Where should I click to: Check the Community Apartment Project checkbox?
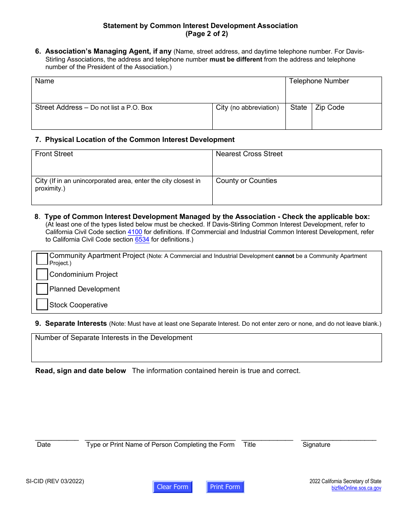click(x=42, y=259)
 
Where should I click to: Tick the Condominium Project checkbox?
click(x=42, y=274)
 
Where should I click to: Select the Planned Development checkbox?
click(x=42, y=289)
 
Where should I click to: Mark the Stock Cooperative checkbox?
click(x=42, y=304)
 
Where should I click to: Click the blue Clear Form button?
click(x=173, y=487)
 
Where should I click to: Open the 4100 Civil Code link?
click(x=135, y=232)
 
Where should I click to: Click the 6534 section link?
click(x=142, y=239)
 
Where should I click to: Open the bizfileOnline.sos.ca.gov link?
click(x=356, y=488)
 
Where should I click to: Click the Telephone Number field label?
click(x=319, y=81)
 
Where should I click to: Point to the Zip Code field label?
click(x=330, y=108)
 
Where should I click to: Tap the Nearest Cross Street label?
click(x=249, y=154)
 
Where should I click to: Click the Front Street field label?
click(x=54, y=154)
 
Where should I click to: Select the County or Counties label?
click(x=246, y=181)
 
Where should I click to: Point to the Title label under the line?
click(x=249, y=445)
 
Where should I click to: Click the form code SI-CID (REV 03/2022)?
click(x=55, y=481)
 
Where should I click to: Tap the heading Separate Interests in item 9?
click(x=76, y=324)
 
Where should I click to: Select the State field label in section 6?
click(x=298, y=108)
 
